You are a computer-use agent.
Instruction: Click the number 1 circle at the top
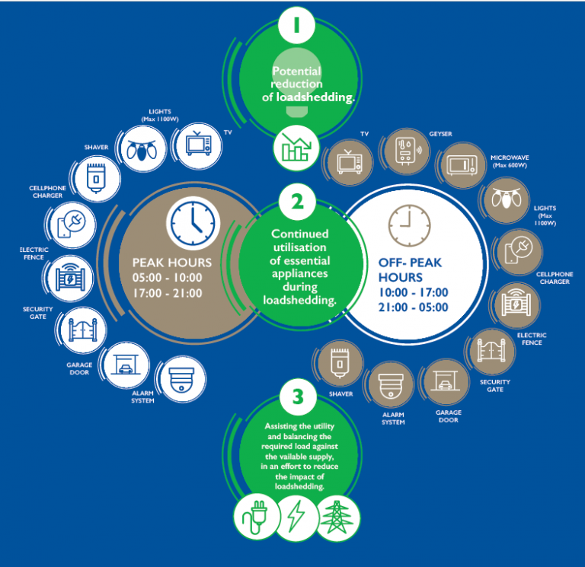(x=292, y=25)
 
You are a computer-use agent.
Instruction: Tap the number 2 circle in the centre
(x=292, y=203)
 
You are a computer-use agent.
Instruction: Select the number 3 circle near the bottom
(x=292, y=397)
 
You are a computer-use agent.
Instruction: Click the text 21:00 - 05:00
(x=414, y=307)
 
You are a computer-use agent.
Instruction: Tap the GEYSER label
(x=440, y=135)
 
